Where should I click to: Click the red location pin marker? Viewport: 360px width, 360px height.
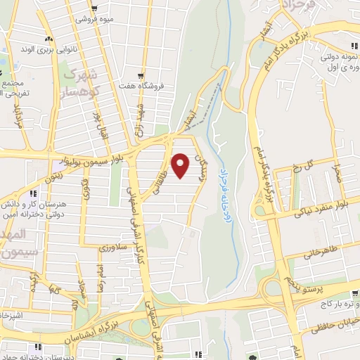point(181,165)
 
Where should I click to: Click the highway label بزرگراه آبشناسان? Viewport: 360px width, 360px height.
point(176,319)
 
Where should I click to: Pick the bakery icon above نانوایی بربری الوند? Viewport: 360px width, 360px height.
point(48,39)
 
